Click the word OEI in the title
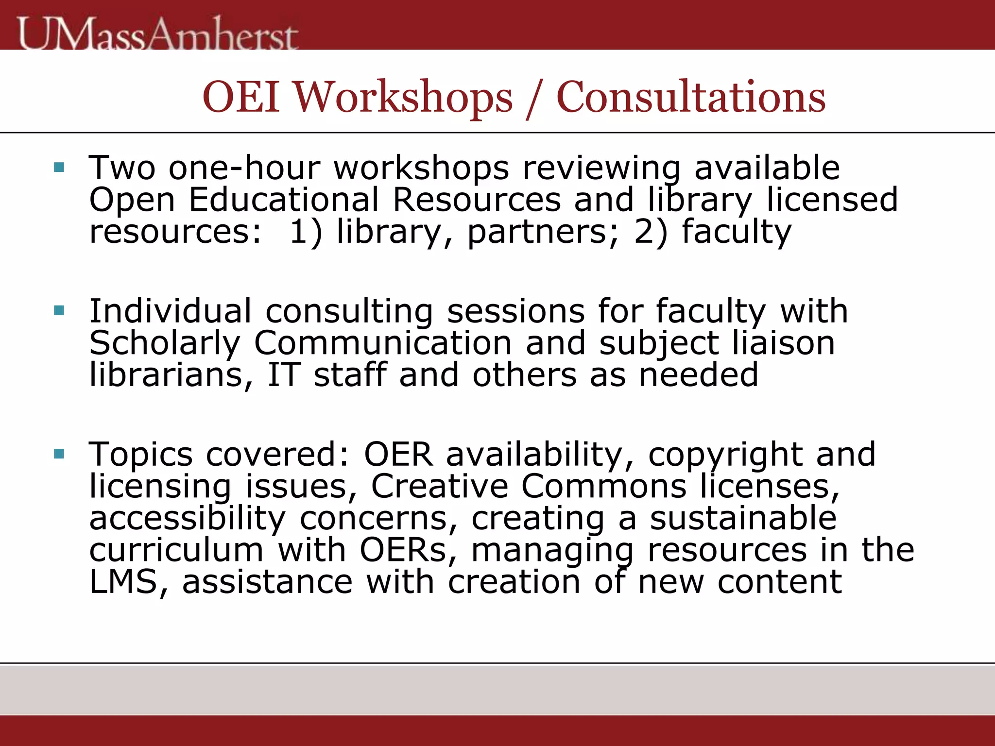(241, 97)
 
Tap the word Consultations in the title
(690, 97)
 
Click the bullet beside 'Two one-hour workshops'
(59, 168)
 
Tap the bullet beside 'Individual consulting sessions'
(59, 311)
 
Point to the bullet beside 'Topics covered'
(59, 454)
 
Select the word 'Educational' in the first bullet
(283, 200)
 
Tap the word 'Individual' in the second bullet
(171, 311)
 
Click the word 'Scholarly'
(165, 343)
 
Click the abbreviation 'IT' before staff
(284, 375)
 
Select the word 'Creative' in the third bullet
(440, 487)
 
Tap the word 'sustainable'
(743, 518)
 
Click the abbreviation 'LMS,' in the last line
(129, 582)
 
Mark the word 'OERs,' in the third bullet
(409, 550)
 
